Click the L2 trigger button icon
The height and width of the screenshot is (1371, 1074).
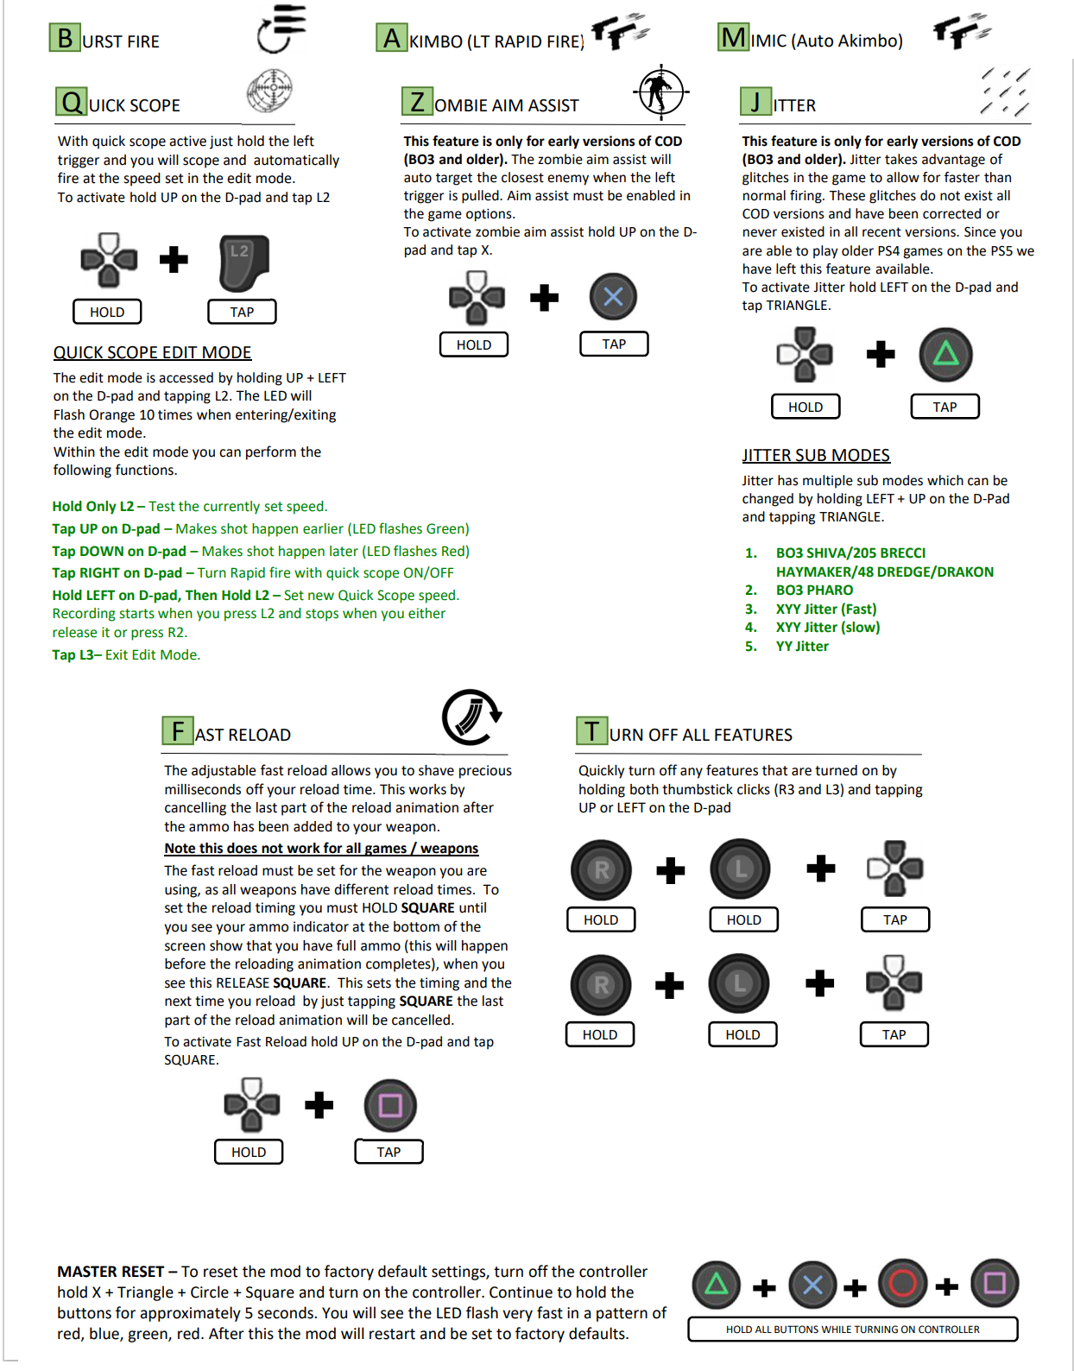coord(243,262)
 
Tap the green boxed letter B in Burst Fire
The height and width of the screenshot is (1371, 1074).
coord(65,39)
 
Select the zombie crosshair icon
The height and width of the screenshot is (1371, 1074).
coord(660,92)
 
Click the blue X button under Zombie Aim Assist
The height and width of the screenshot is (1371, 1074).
coord(613,297)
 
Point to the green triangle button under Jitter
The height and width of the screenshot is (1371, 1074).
coord(945,354)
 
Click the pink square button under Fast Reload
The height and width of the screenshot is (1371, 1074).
coord(390,1105)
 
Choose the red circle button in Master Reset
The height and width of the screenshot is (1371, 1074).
coord(902,1284)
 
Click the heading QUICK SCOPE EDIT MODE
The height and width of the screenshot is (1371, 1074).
coord(152,352)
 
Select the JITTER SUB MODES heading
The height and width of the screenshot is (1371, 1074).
coord(816,455)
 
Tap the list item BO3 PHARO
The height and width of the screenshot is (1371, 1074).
coord(814,590)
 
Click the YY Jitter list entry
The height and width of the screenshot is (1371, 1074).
coord(802,646)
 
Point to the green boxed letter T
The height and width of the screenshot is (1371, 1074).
coord(591,731)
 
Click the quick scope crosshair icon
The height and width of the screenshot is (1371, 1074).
coord(269,90)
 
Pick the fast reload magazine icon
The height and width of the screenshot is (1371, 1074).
coord(471,717)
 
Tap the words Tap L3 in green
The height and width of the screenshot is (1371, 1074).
coord(75,654)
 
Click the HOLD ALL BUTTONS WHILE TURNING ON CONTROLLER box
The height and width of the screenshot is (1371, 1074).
coord(852,1330)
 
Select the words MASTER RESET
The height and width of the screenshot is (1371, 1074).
coord(111,1272)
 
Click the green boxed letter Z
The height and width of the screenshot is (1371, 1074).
coord(417,102)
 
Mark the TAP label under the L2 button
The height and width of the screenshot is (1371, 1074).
coord(242,312)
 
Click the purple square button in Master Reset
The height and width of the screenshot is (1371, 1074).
coord(995,1284)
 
